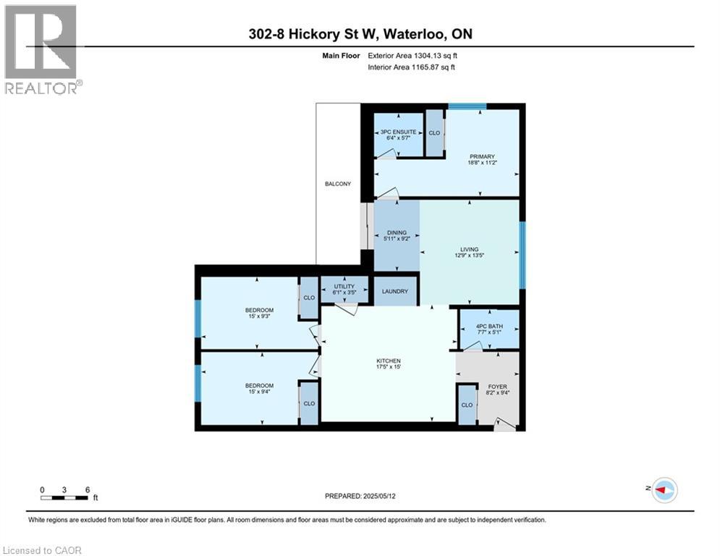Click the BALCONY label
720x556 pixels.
(338, 184)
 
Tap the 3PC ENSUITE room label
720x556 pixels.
(398, 132)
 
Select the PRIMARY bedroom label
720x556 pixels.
(482, 156)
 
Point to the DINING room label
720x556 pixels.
(396, 232)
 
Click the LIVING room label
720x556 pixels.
(469, 249)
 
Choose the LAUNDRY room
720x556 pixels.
(396, 292)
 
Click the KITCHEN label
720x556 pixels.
(388, 361)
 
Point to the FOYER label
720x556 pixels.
(497, 387)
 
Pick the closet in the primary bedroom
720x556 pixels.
(434, 133)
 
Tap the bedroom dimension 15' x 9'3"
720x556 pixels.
(259, 316)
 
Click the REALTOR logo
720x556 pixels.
(42, 49)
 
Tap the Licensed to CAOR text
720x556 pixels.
(43, 550)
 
